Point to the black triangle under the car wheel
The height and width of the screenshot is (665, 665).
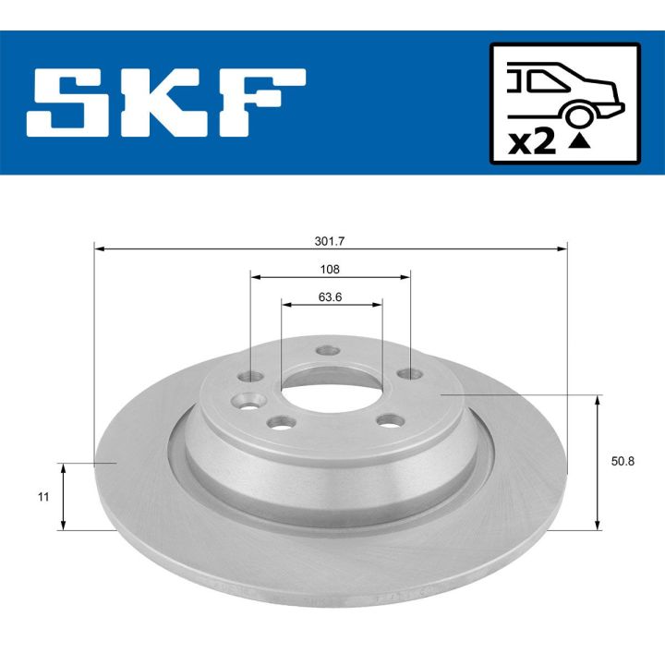pos(579,141)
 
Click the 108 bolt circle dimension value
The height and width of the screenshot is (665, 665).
pos(331,269)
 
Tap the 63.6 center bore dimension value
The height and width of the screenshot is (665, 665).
pos(331,296)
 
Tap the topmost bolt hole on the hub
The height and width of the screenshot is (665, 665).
pos(324,351)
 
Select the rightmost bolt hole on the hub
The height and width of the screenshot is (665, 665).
pos(408,373)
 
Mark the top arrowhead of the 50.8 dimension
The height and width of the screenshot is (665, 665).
pos(600,400)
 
